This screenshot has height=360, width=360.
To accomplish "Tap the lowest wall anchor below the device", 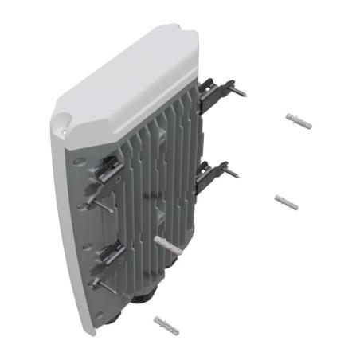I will click(166, 324).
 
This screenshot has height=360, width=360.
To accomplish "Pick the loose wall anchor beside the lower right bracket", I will click(285, 200).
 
